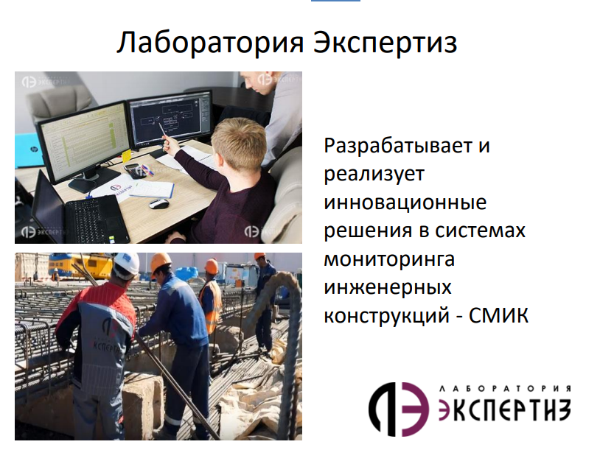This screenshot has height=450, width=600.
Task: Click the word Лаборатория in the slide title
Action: tap(210, 42)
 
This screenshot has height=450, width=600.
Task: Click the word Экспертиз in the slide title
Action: tap(385, 42)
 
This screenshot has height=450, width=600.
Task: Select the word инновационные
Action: tap(405, 203)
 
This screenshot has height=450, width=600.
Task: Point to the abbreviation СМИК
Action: tap(498, 315)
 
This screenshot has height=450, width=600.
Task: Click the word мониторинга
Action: tap(389, 259)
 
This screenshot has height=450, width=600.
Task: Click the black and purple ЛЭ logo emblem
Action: tap(398, 409)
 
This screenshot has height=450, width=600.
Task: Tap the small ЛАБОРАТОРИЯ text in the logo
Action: tap(505, 389)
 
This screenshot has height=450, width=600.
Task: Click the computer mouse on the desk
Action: tap(158, 203)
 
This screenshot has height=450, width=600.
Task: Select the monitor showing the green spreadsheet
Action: tap(85, 145)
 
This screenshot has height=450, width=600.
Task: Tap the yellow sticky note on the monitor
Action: tap(126, 156)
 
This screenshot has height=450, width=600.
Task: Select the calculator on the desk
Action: tap(133, 171)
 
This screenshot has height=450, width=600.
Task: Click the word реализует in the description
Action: tap(374, 175)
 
